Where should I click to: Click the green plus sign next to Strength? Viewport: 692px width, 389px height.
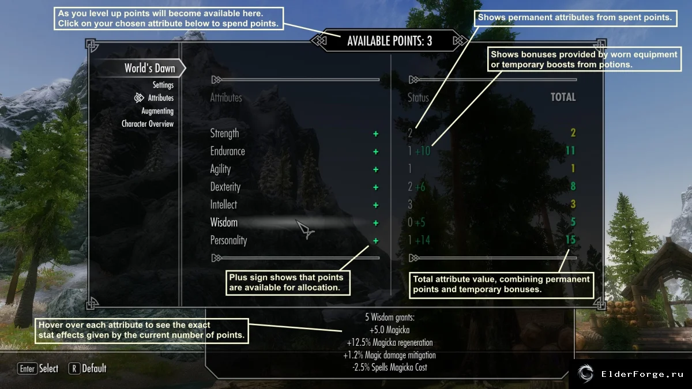pyautogui.click(x=375, y=134)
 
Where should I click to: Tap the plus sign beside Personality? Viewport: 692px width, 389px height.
pyautogui.click(x=375, y=240)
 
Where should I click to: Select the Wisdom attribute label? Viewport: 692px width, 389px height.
pyautogui.click(x=224, y=222)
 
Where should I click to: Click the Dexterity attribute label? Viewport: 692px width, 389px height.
pyautogui.click(x=225, y=187)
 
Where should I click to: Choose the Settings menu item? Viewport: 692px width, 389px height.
pyautogui.click(x=163, y=85)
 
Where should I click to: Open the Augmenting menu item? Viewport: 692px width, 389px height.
pyautogui.click(x=157, y=111)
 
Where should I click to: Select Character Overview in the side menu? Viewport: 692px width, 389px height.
pyautogui.click(x=148, y=124)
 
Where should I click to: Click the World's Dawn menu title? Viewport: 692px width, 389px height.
pyautogui.click(x=150, y=68)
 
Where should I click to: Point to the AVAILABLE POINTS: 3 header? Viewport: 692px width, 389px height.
pyautogui.click(x=390, y=41)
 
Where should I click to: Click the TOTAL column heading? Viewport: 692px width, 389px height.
pyautogui.click(x=563, y=97)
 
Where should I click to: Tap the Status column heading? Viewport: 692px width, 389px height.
pyautogui.click(x=418, y=97)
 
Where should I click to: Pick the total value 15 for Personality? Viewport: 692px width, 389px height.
pyautogui.click(x=570, y=240)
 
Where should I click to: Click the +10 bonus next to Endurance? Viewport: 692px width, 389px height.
pyautogui.click(x=422, y=151)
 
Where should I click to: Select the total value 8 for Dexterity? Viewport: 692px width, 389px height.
pyautogui.click(x=573, y=186)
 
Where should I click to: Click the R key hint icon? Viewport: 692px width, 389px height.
pyautogui.click(x=74, y=369)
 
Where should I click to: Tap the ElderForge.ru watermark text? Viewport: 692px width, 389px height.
pyautogui.click(x=642, y=374)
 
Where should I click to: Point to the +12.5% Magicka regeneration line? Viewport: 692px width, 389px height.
pyautogui.click(x=390, y=342)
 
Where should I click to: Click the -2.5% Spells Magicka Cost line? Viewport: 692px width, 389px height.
pyautogui.click(x=390, y=368)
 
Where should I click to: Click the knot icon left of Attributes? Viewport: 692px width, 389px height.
pyautogui.click(x=139, y=98)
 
